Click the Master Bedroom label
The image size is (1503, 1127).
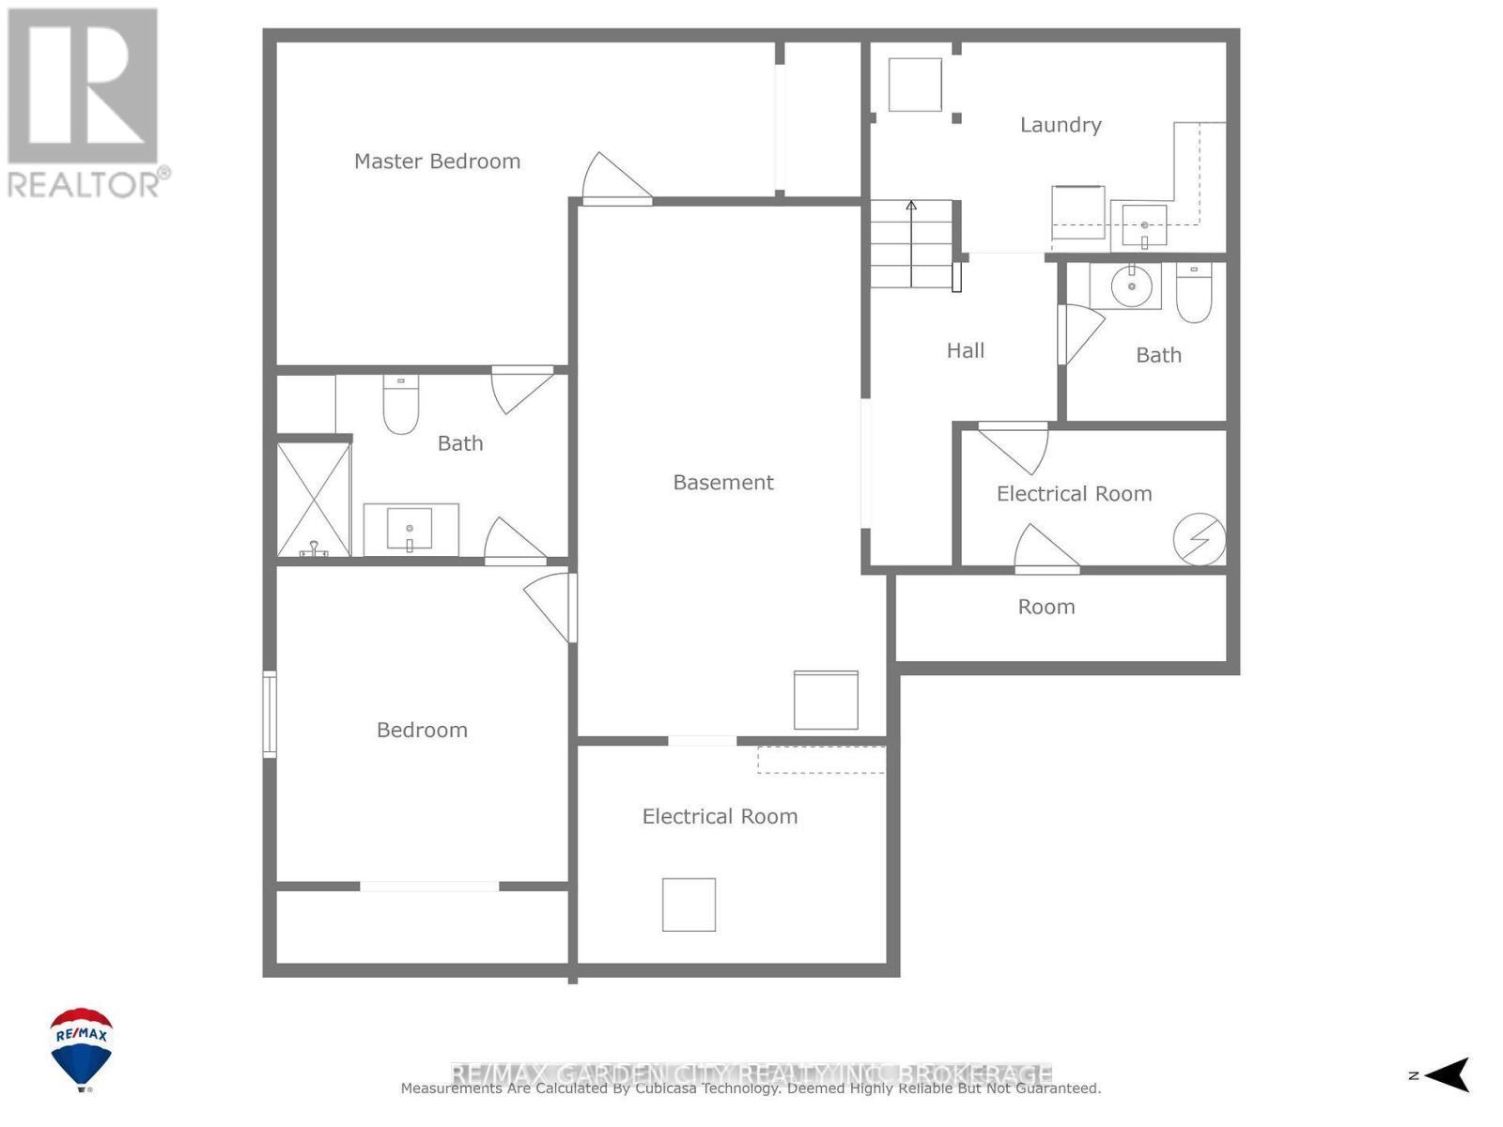pyautogui.click(x=437, y=162)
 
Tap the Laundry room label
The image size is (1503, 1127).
pyautogui.click(x=1061, y=125)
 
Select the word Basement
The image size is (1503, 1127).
pyautogui.click(x=723, y=483)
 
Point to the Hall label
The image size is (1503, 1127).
pyautogui.click(x=965, y=351)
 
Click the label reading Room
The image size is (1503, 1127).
pyautogui.click(x=1046, y=608)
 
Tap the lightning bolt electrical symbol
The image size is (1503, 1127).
pyautogui.click(x=1200, y=539)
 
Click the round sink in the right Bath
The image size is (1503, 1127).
pyautogui.click(x=1131, y=286)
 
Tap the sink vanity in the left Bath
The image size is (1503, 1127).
pyautogui.click(x=411, y=530)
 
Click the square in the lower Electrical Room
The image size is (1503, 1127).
pyautogui.click(x=689, y=904)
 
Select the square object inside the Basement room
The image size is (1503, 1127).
pyautogui.click(x=826, y=700)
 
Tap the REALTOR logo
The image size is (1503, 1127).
pyautogui.click(x=85, y=103)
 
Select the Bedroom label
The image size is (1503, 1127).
pyautogui.click(x=422, y=731)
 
